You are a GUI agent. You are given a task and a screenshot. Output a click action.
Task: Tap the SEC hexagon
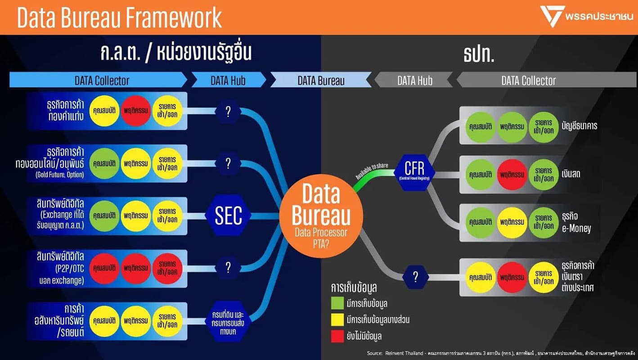(228, 216)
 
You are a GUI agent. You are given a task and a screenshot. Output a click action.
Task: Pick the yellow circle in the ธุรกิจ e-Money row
(512, 222)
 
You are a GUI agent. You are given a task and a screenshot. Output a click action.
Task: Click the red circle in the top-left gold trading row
(136, 111)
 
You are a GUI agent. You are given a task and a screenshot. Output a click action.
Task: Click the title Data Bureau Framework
(120, 18)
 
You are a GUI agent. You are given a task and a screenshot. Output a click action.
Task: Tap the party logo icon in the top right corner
(550, 17)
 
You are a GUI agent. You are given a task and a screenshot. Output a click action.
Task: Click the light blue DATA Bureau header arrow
(321, 81)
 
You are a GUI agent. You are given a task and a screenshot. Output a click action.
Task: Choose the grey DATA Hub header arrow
(414, 81)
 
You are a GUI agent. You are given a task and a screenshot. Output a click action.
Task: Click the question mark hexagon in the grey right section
(415, 277)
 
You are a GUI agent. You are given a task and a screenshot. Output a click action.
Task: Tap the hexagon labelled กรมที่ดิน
(228, 320)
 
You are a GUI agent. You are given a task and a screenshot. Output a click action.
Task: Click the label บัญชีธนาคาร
(579, 126)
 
